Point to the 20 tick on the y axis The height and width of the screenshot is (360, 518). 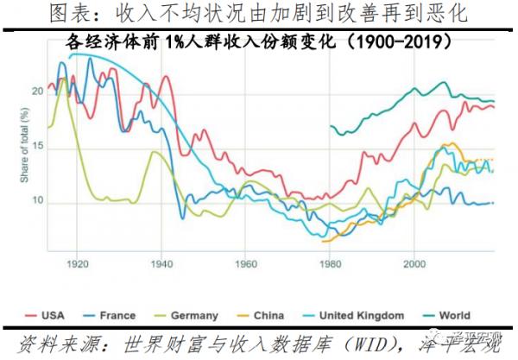pos(35,91)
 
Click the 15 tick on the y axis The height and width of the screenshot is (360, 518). pos(35,147)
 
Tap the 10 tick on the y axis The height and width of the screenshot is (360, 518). pos(35,202)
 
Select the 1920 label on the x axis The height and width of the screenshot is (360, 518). pos(77,262)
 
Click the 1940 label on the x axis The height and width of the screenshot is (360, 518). pos(161,262)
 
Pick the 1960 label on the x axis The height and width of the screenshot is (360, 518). pos(244,262)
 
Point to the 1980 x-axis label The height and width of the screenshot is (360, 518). pos(329,262)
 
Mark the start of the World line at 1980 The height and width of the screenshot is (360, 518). pos(331,125)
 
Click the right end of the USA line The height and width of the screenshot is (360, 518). pos(494,106)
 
